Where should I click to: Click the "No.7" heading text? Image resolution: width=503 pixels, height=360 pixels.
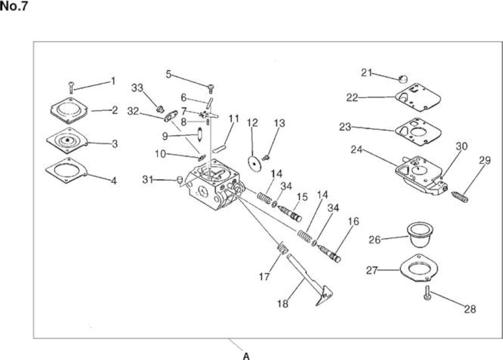coord(14,6)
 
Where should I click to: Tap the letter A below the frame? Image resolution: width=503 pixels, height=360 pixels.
coord(246,356)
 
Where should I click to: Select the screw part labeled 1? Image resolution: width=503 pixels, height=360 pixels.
coord(72,88)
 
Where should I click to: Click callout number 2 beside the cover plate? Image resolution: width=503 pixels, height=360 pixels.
coord(115,110)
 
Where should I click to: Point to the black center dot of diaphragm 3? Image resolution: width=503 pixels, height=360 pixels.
coord(67,140)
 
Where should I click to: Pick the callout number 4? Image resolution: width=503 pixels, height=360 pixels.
coord(114,181)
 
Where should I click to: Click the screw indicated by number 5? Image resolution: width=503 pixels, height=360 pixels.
coord(211,89)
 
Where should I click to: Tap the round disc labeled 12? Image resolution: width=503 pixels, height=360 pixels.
coord(255,164)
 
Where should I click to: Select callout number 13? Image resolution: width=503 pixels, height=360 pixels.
coord(279,123)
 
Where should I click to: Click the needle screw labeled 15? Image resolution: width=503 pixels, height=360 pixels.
coord(290,213)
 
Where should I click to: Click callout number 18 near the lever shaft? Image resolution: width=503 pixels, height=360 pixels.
coord(283,304)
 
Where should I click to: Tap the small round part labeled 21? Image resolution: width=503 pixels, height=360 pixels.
coord(403,79)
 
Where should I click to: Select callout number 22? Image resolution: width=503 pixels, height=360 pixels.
coord(352,98)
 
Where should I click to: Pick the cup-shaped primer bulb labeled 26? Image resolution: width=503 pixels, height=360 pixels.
coord(420,235)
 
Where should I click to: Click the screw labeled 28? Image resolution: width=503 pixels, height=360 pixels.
coord(427,293)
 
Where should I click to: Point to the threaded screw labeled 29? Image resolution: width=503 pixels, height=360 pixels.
coord(460,197)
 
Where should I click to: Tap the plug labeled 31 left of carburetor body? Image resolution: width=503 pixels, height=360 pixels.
coord(180,180)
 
